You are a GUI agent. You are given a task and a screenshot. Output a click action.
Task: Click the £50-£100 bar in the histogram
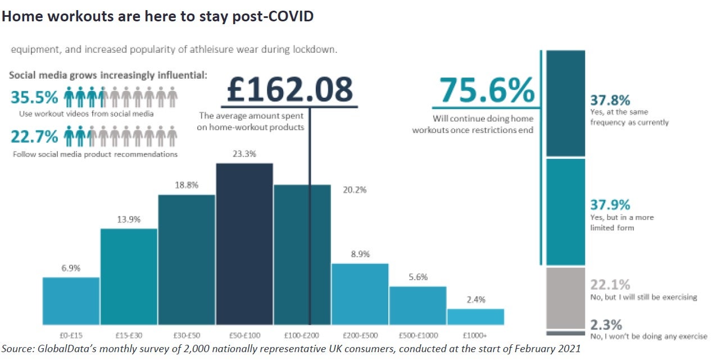click(x=244, y=244)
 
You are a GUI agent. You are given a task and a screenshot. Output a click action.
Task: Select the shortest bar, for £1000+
click(x=475, y=317)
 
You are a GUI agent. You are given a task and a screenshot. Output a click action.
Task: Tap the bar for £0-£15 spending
click(x=71, y=301)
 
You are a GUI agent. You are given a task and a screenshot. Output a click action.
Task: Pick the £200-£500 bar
click(x=360, y=294)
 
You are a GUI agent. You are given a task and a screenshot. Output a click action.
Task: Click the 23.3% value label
click(x=244, y=153)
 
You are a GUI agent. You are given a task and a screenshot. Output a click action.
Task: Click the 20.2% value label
click(x=355, y=190)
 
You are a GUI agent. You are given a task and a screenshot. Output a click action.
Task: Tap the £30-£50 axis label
click(x=187, y=335)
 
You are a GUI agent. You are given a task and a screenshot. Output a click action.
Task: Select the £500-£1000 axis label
click(x=418, y=335)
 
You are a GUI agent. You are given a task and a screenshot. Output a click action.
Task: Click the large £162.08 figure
click(x=290, y=89)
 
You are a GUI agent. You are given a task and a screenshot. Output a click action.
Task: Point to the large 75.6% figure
click(x=486, y=90)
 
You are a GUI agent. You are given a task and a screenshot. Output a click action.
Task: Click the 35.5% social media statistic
click(x=34, y=98)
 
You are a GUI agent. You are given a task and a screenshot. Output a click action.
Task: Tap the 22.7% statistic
click(x=34, y=136)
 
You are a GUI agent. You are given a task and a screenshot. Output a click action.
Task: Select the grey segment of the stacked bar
click(x=566, y=298)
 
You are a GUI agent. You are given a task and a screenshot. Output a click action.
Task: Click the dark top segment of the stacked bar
click(x=566, y=103)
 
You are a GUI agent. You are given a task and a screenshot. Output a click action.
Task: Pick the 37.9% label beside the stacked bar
click(x=610, y=205)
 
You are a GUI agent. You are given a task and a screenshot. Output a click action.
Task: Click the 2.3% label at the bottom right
click(x=606, y=325)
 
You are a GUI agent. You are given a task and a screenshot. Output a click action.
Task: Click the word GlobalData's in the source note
click(x=65, y=349)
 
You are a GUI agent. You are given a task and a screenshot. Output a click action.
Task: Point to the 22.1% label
click(x=610, y=285)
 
